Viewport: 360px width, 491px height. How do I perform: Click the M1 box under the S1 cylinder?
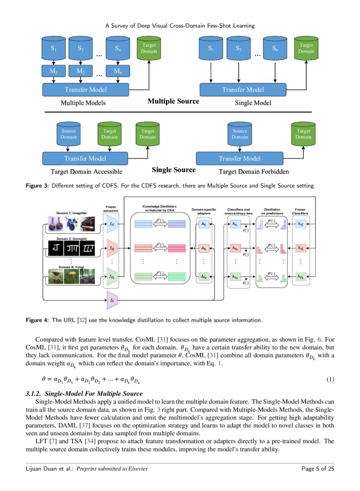[x=53, y=71]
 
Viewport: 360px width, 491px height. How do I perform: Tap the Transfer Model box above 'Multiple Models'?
[x=86, y=90]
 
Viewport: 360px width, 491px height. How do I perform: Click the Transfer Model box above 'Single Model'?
[x=243, y=90]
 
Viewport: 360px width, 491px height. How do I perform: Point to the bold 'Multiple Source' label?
[x=173, y=101]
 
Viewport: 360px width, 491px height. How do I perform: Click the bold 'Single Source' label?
[x=173, y=170]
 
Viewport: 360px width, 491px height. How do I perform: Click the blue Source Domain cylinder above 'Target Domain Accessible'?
[x=69, y=134]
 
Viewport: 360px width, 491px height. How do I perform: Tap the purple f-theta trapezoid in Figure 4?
[x=112, y=299]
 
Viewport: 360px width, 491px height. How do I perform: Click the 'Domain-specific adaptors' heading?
[x=203, y=211]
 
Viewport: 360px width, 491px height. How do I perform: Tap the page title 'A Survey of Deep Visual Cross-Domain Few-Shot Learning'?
[x=180, y=25]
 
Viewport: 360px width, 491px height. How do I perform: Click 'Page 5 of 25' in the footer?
[x=319, y=469]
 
